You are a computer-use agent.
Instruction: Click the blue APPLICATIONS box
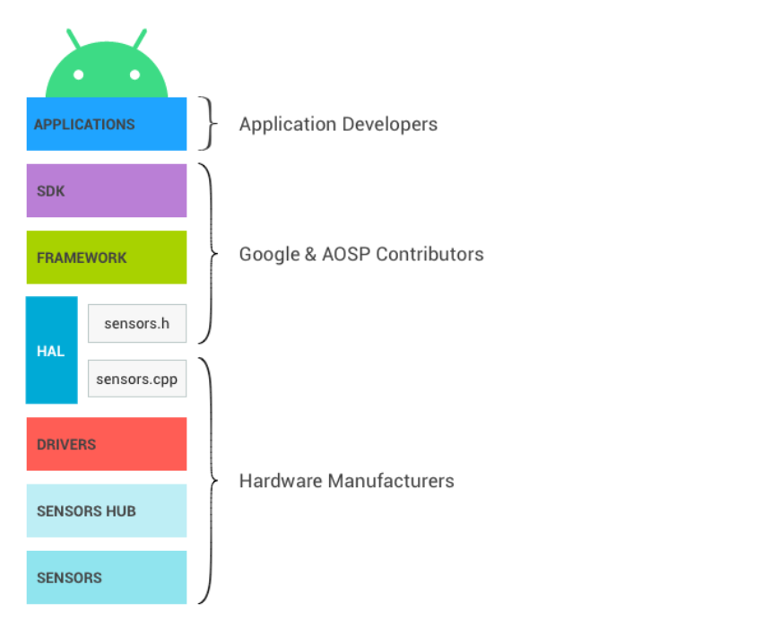click(x=106, y=124)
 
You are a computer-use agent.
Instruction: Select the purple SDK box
click(x=106, y=190)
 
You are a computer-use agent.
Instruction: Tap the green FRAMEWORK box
click(x=106, y=258)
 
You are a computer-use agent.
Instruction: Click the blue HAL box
click(x=51, y=351)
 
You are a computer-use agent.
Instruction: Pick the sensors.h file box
click(x=136, y=323)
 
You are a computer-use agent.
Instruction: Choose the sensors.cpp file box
click(x=136, y=379)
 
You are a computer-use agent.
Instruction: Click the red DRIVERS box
click(x=106, y=444)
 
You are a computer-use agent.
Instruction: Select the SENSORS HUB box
click(x=106, y=511)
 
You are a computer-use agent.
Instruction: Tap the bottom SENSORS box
click(x=106, y=577)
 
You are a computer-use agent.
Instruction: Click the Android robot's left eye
click(x=79, y=75)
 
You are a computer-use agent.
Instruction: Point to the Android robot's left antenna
click(x=73, y=38)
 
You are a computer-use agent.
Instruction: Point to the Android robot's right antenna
click(x=140, y=38)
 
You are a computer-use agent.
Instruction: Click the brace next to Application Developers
click(x=210, y=124)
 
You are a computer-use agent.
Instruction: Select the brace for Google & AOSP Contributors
click(x=210, y=254)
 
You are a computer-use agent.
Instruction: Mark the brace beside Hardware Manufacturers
click(x=210, y=481)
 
